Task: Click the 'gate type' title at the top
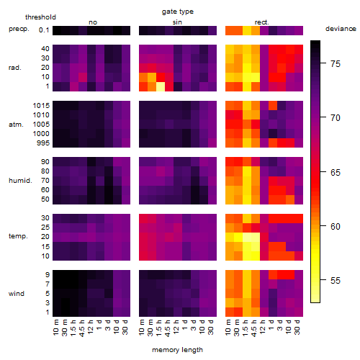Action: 178,12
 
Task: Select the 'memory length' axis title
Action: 177,350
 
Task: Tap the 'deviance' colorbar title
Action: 341,29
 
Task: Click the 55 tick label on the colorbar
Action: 336,280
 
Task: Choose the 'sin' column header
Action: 177,22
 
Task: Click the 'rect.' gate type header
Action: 262,22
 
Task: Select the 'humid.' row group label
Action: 20,181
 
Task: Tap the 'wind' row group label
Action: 17,294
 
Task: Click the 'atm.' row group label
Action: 16,125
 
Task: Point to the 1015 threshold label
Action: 41,106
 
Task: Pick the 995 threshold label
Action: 43,143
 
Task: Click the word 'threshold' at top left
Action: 40,17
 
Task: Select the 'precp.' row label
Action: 19,29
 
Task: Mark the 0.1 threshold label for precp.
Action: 44,30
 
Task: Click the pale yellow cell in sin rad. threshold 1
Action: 161,86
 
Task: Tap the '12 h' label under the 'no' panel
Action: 91,327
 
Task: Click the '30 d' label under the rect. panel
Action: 298,328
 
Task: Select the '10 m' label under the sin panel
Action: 143,328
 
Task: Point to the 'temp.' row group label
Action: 18,236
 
